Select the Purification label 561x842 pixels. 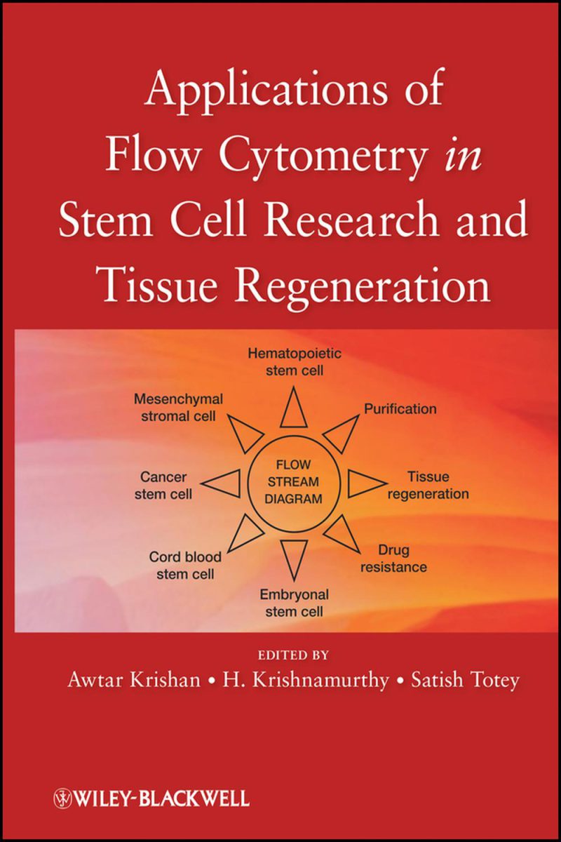coord(400,408)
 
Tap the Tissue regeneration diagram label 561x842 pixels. coord(428,486)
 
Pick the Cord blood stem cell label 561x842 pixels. coord(185,566)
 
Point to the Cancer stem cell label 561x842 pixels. coord(165,485)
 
